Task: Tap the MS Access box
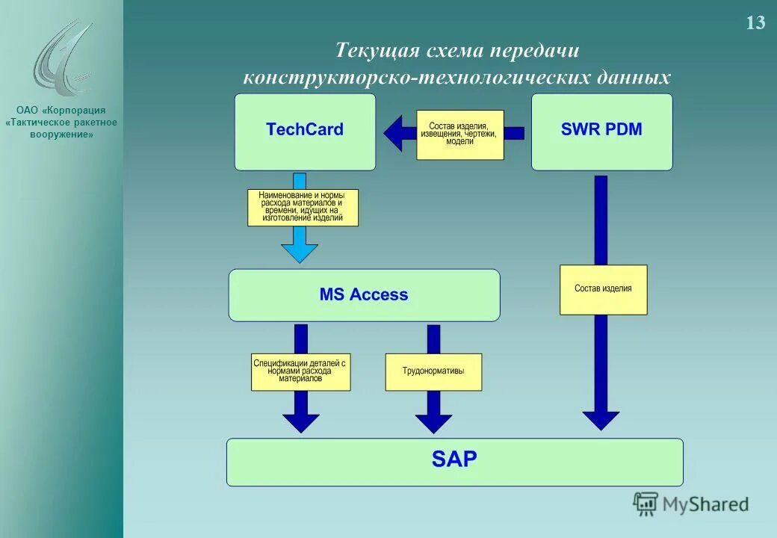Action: [364, 295]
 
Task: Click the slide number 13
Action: [755, 23]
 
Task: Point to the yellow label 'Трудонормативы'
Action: [433, 371]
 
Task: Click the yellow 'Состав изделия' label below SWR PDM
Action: [603, 289]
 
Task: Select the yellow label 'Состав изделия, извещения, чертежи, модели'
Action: [460, 134]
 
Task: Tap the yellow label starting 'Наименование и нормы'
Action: [303, 207]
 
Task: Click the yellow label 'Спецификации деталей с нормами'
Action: [300, 371]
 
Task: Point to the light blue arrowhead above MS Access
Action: [299, 253]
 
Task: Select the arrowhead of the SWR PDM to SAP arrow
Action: [601, 420]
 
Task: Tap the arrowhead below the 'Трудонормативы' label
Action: [433, 423]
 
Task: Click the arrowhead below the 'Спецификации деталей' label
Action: [300, 423]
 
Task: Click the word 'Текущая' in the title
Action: [377, 51]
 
